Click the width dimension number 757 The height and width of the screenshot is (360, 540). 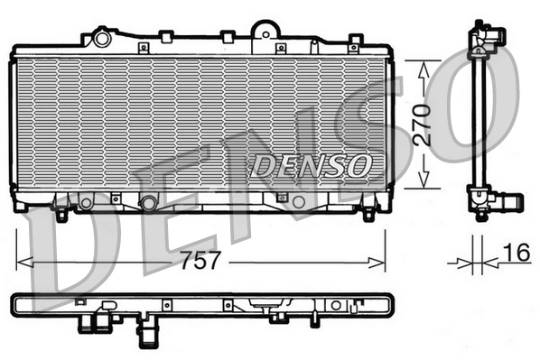tap(200, 262)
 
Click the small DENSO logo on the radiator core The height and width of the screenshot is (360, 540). tap(310, 165)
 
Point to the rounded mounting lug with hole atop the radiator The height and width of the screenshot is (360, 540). tap(263, 30)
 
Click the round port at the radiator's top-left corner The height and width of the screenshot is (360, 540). tap(101, 39)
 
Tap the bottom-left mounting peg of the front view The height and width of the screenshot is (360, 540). tap(61, 215)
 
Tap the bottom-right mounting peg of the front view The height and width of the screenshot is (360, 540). tap(368, 215)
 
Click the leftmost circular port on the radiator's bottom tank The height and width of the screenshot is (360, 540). tap(86, 202)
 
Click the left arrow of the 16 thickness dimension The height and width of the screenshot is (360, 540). tap(465, 263)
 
